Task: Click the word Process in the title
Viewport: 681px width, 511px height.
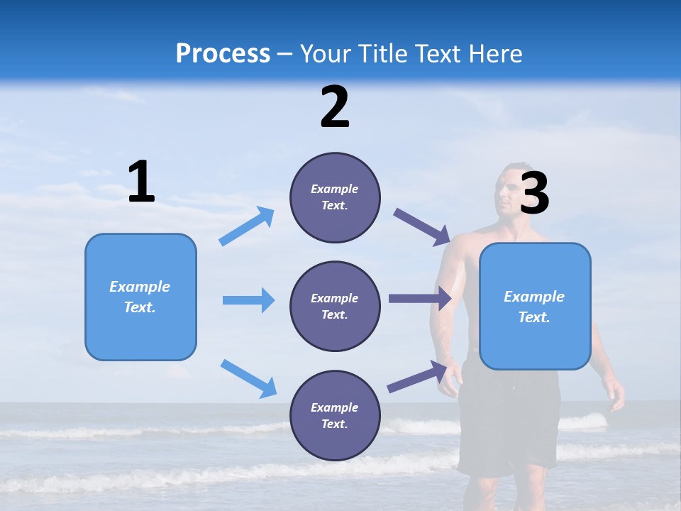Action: coord(223,54)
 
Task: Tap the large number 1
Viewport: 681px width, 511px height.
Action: coord(141,182)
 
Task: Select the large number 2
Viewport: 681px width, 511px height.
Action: coord(335,107)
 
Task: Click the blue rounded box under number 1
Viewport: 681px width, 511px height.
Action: coord(140,297)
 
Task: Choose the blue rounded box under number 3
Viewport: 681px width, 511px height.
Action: coord(535,307)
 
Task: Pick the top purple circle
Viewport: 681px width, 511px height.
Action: coord(335,197)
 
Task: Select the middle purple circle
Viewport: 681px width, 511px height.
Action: coord(335,307)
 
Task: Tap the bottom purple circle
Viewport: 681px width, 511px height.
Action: coord(335,416)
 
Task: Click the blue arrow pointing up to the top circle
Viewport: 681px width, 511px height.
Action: coord(247,226)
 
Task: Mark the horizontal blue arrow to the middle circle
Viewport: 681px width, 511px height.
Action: coord(248,300)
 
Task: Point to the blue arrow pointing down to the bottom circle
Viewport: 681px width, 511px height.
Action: coord(248,378)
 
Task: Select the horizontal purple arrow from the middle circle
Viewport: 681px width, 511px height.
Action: coord(420,299)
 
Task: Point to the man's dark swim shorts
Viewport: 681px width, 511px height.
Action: coord(508,419)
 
